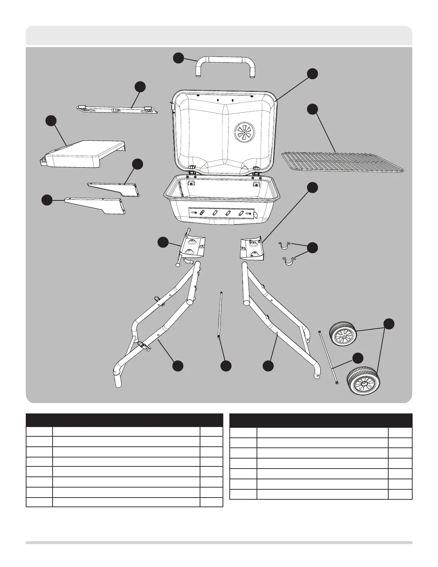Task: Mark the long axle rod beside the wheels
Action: pyautogui.click(x=328, y=358)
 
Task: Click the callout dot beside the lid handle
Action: pyautogui.click(x=179, y=58)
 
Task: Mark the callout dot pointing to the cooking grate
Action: pyautogui.click(x=313, y=109)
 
